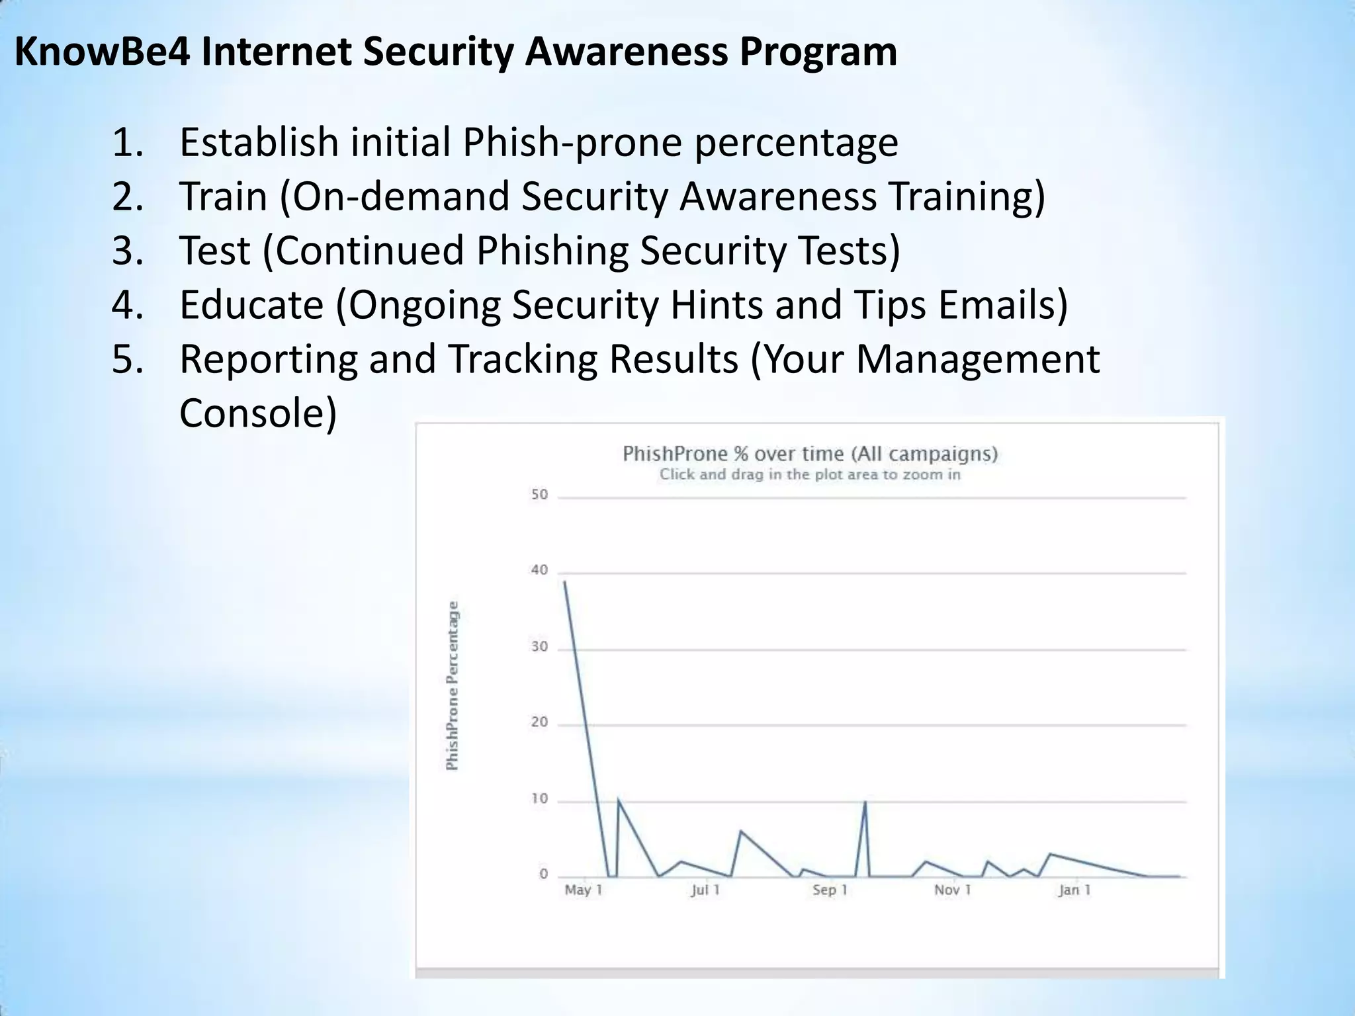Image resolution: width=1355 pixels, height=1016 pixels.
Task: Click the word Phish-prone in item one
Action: pyautogui.click(x=572, y=142)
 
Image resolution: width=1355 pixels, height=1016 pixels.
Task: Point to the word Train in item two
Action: pyautogui.click(x=223, y=196)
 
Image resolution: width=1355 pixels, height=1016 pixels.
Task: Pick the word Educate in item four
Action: pyautogui.click(x=251, y=305)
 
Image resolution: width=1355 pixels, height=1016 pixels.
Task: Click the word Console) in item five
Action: pyautogui.click(x=258, y=413)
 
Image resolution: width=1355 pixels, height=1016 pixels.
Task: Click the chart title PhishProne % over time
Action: pyautogui.click(x=810, y=454)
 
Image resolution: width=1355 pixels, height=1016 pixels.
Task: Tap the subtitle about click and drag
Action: pyautogui.click(x=810, y=474)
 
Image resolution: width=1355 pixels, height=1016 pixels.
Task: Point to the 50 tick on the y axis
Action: pyautogui.click(x=539, y=495)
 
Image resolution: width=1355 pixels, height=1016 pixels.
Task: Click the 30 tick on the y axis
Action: pyautogui.click(x=539, y=647)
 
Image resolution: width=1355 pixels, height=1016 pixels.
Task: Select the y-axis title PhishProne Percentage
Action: pyautogui.click(x=453, y=685)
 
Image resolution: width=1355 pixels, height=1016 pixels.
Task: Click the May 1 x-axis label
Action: pyautogui.click(x=583, y=890)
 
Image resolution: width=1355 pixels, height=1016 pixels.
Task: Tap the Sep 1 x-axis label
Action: pyautogui.click(x=830, y=890)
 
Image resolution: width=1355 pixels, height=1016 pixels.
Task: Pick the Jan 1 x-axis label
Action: pyautogui.click(x=1074, y=890)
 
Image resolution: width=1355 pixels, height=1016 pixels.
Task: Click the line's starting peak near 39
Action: pyautogui.click(x=564, y=581)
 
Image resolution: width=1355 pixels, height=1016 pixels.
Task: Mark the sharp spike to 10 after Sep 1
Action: pyautogui.click(x=865, y=802)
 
